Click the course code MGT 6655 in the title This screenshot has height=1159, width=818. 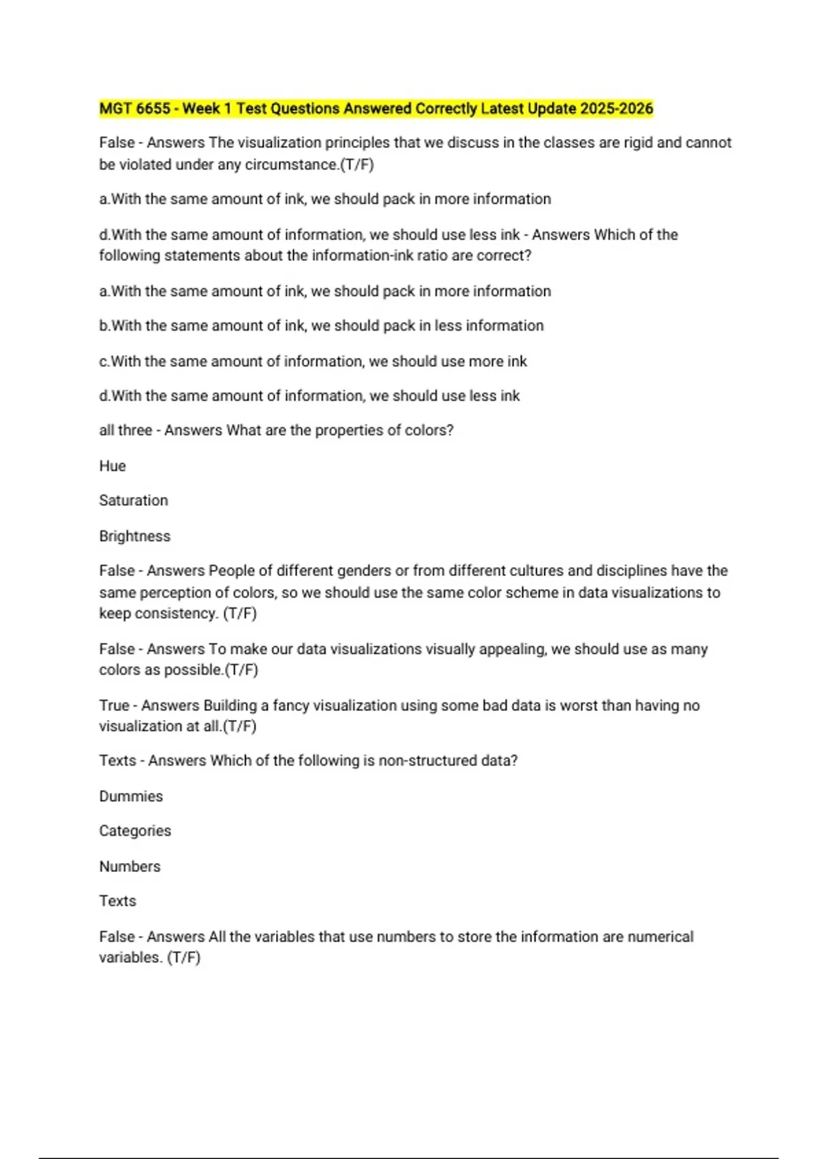tap(135, 108)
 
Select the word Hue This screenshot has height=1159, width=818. tap(112, 466)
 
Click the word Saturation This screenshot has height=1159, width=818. tap(134, 500)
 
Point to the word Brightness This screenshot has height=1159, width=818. tap(135, 536)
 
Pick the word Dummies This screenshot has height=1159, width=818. tap(131, 796)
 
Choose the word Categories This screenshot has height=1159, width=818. tap(135, 830)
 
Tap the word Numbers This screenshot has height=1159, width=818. tap(130, 867)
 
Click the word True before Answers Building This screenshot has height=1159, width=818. tap(114, 705)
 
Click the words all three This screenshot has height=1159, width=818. tap(125, 430)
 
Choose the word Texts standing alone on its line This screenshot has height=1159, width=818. tap(118, 901)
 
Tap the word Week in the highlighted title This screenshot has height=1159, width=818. tap(201, 108)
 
